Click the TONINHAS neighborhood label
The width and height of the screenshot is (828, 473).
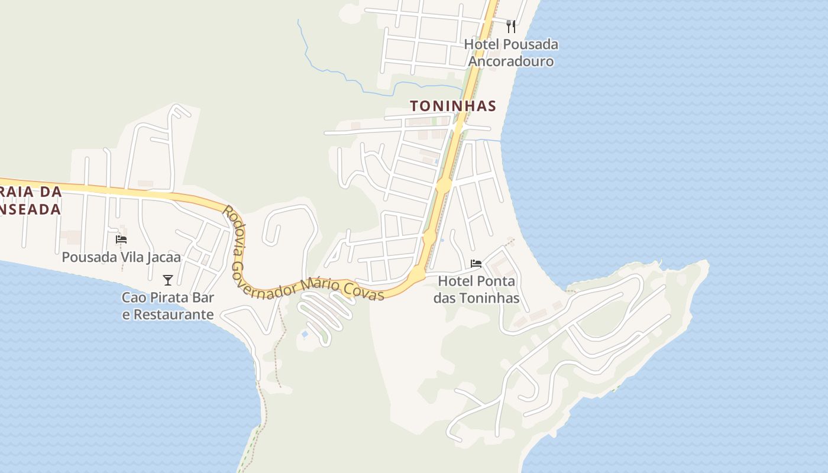452,106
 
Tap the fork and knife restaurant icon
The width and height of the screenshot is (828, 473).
511,26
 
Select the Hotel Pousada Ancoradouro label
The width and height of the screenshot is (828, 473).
511,53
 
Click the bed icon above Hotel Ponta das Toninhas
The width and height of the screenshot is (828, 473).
476,263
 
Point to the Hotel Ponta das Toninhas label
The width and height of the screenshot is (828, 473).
476,290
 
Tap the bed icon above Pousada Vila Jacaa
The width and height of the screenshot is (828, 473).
121,239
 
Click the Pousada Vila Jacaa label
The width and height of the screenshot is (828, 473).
121,257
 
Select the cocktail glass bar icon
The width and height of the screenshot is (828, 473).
168,280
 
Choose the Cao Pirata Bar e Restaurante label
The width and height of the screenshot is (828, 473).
168,306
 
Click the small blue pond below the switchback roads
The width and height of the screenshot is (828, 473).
305,335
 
